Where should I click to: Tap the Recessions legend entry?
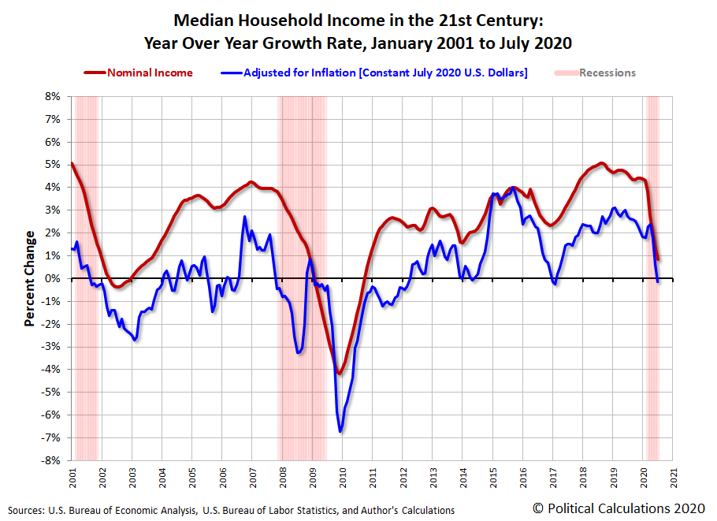click(607, 73)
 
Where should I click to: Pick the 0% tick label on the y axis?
click(52, 278)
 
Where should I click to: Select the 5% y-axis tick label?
click(52, 165)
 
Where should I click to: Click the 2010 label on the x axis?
click(343, 476)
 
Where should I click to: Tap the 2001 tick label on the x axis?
click(72, 476)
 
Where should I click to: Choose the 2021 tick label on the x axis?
click(674, 476)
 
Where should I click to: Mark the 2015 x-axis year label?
click(493, 476)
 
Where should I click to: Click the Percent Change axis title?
click(29, 278)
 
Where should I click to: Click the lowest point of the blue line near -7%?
click(340, 431)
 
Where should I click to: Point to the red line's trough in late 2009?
click(340, 374)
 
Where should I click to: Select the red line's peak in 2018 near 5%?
click(601, 163)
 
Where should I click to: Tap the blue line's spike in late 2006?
click(244, 217)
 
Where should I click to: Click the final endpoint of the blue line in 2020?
click(658, 281)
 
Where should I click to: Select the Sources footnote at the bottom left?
click(232, 510)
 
